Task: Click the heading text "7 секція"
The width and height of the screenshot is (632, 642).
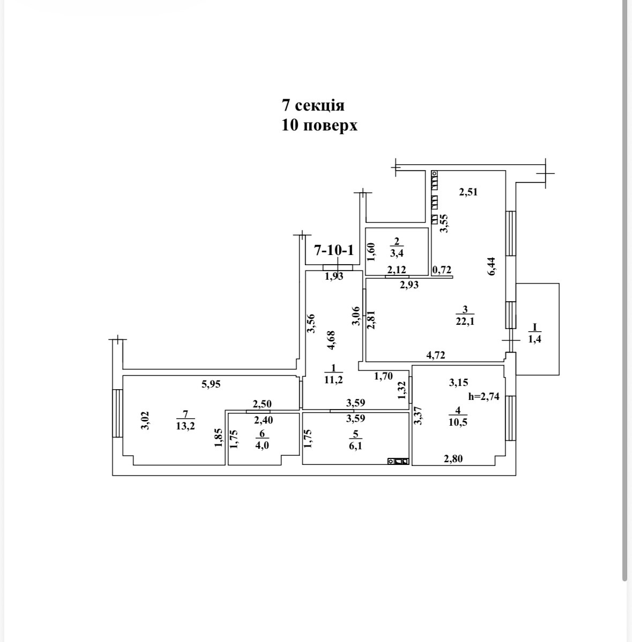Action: point(313,104)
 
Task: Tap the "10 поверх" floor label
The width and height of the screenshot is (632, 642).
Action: point(319,126)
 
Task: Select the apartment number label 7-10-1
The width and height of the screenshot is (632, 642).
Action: point(334,250)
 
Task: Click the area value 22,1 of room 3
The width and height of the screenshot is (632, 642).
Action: point(465,322)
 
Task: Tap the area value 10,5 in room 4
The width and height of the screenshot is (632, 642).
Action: point(458,422)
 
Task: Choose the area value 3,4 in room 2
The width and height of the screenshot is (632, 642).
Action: point(397,254)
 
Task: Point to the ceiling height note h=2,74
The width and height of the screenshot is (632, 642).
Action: point(485,397)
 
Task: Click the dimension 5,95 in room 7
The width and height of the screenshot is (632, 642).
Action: point(211,384)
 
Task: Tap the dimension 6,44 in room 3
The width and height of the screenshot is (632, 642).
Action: point(492,266)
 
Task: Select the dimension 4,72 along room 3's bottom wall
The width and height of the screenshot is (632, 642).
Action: point(435,354)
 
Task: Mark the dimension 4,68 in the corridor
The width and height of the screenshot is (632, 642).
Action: point(331,340)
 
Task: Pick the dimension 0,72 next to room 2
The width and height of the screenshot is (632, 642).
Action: point(442,270)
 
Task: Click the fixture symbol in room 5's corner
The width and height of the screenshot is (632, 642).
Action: point(399,461)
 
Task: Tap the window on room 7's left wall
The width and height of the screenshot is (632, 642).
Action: point(117,414)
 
